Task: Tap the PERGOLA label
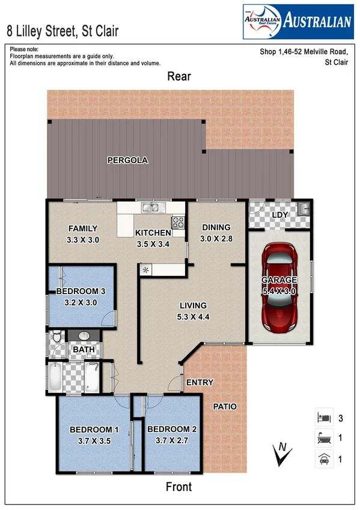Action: coord(127,161)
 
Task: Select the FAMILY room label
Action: coord(83,229)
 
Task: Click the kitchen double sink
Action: coord(150,209)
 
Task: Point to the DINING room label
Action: coord(216,227)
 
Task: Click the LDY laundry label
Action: coord(279,215)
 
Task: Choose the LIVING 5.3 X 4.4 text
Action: coord(192,312)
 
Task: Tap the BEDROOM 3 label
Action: coord(81,292)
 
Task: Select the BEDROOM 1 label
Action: coord(94,429)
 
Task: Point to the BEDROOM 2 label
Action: coord(172,429)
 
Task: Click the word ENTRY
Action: coord(200,382)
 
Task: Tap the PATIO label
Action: coord(225,407)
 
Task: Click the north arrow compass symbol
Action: coord(279,454)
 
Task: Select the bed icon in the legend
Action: coord(323,417)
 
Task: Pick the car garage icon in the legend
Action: coord(323,459)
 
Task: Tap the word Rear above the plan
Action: coord(179,76)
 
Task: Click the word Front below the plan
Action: coord(178,487)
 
